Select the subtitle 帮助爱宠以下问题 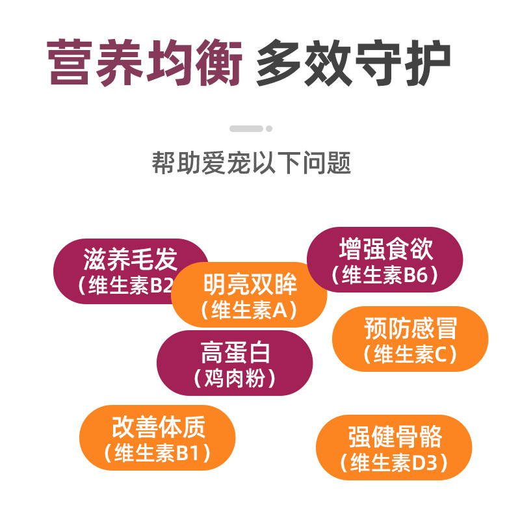coord(252,162)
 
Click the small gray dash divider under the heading coord(246,129)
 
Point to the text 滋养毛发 coord(130,260)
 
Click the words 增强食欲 coord(385,250)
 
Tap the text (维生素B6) coord(385,276)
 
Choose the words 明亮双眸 coord(250,285)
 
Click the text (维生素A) coord(250,310)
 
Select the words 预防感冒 coord(410,329)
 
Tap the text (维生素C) coord(410,355)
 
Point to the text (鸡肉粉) coord(235,378)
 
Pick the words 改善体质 coord(158,428)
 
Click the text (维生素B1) coord(158,454)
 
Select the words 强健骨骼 coord(395,437)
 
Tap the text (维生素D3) coord(395,463)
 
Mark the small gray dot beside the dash coord(270,129)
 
